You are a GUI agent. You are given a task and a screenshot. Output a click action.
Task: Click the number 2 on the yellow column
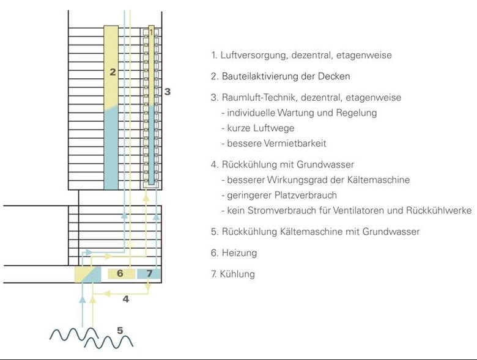tap(113, 72)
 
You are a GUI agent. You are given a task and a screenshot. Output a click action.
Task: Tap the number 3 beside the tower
tap(167, 92)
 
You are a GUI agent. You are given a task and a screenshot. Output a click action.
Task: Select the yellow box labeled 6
tap(120, 273)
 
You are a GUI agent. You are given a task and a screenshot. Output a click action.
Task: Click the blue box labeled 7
tap(149, 273)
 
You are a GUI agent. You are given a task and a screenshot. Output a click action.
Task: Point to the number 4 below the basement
tap(125, 299)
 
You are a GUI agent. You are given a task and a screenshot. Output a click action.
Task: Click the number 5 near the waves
tap(120, 331)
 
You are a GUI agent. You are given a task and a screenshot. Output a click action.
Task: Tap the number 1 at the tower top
tap(151, 31)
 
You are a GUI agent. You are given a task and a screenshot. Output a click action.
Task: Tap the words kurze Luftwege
tap(261, 128)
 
